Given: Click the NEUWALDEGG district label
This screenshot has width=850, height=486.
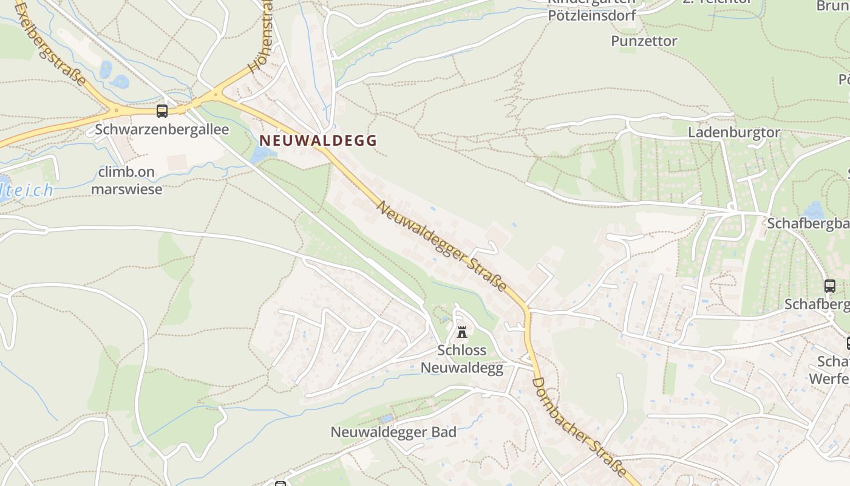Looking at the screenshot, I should click(318, 140).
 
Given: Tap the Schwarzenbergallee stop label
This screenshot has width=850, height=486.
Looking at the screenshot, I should click(162, 129).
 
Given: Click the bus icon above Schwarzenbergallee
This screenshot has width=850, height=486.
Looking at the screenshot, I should click(161, 111).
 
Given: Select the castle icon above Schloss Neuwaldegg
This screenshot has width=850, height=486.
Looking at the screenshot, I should click(461, 332).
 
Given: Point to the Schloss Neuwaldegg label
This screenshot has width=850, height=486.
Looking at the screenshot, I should click(462, 359).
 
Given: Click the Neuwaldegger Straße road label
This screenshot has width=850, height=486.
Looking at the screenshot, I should click(442, 245).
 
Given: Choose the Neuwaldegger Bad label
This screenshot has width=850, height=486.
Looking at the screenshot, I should click(393, 433).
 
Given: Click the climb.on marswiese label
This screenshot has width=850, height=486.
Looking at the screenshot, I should click(127, 180).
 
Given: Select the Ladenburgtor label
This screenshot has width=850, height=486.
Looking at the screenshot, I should click(733, 132).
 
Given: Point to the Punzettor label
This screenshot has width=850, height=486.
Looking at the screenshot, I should click(644, 41).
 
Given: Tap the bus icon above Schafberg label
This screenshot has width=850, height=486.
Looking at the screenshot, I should click(829, 286).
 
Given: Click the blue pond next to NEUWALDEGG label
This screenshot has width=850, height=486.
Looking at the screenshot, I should click(260, 153).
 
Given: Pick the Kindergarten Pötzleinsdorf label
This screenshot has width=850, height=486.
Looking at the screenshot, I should click(591, 10).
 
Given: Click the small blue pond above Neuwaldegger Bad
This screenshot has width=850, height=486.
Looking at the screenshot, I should click(386, 419).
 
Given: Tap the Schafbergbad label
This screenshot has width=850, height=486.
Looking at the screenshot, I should click(807, 224).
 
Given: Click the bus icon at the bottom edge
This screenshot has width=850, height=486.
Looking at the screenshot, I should click(280, 484).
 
